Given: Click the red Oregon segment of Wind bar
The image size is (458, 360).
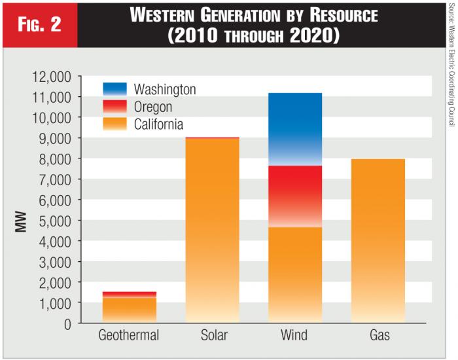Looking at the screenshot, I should (294, 195).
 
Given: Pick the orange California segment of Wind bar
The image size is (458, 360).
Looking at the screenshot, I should (294, 275).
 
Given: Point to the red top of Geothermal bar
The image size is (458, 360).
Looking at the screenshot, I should (129, 295).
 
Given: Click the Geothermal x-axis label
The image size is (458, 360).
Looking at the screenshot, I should (129, 336).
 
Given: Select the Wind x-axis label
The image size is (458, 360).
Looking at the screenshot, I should (294, 336).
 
